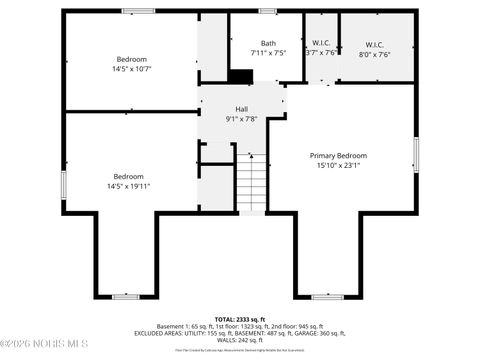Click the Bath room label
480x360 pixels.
click(268, 43)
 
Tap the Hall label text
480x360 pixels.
click(241, 109)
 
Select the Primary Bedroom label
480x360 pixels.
click(338, 156)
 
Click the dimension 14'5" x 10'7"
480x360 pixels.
click(131, 69)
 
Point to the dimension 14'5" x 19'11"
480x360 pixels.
click(128, 186)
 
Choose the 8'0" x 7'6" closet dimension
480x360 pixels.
click(375, 54)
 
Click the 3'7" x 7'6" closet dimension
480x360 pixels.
click(321, 54)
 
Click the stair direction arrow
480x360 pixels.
click(251, 158)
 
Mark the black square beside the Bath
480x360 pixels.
click(240, 75)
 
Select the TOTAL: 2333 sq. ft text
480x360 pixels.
click(241, 318)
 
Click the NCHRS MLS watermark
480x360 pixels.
click(48, 346)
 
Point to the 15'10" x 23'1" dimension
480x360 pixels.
click(338, 166)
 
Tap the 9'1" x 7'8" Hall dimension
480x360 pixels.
click(241, 119)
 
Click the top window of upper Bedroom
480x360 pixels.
click(138, 11)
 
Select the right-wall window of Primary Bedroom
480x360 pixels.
click(415, 156)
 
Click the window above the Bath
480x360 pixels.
click(267, 11)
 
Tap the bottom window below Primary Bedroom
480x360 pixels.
click(327, 296)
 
